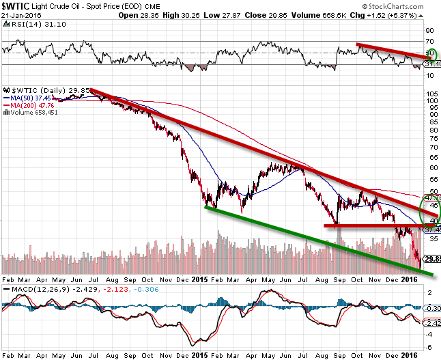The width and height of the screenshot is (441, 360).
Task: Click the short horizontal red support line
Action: click(369, 225)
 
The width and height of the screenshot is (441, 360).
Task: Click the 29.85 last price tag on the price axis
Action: click(433, 259)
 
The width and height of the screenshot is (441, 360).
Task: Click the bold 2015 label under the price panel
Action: click(201, 279)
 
